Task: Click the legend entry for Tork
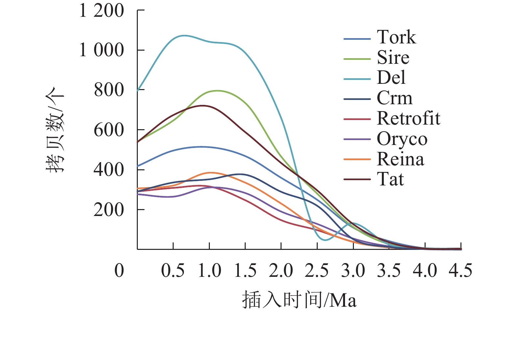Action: click(x=396, y=37)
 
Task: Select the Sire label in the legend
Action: click(x=393, y=58)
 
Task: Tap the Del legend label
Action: click(x=391, y=78)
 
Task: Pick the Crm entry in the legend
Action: click(x=394, y=98)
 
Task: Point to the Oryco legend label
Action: click(x=402, y=139)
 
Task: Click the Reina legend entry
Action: click(x=400, y=159)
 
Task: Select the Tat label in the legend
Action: click(x=390, y=180)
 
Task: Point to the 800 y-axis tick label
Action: click(x=109, y=90)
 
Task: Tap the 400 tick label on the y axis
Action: click(x=109, y=170)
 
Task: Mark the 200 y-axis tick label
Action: click(x=109, y=210)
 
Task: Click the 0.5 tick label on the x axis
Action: click(x=173, y=271)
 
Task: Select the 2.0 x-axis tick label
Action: click(x=281, y=271)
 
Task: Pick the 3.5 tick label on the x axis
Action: click(x=389, y=271)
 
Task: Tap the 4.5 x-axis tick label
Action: click(x=460, y=271)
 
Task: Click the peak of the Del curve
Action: click(x=184, y=35)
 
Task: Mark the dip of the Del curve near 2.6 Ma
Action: click(x=325, y=240)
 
